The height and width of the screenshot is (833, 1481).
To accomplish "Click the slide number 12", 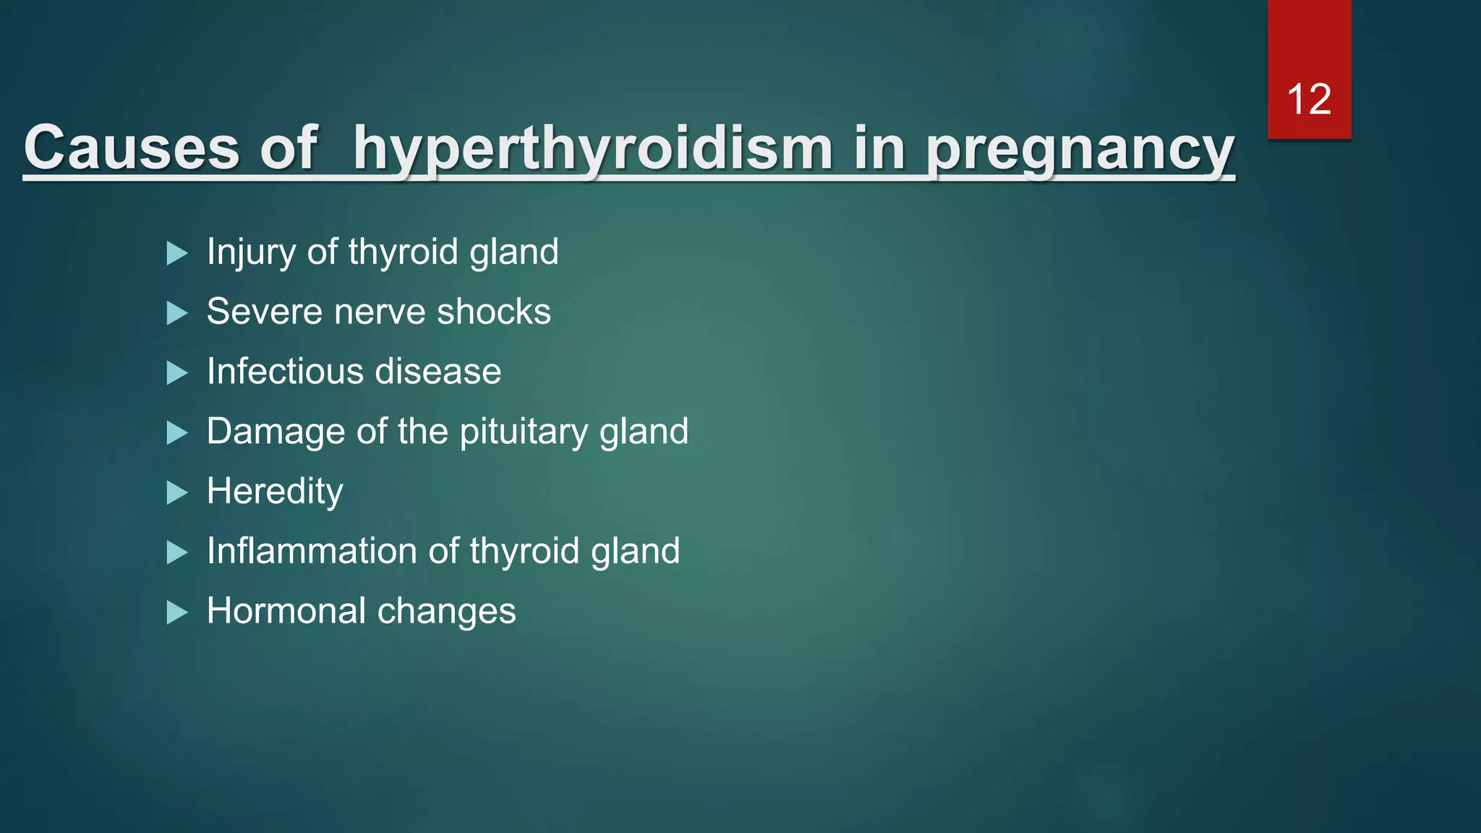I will pyautogui.click(x=1309, y=99).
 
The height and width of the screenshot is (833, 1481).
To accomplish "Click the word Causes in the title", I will pyautogui.click(x=131, y=148).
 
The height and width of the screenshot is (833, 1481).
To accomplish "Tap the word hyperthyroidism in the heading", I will pyautogui.click(x=593, y=149).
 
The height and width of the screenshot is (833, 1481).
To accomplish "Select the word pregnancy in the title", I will pyautogui.click(x=1080, y=150).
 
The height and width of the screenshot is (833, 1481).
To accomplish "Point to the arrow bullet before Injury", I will pyautogui.click(x=176, y=253).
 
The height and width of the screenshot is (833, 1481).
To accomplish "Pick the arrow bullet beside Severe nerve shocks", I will pyautogui.click(x=176, y=313).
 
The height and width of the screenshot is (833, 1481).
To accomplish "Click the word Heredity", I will pyautogui.click(x=275, y=492).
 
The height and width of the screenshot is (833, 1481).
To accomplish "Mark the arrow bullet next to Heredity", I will pyautogui.click(x=176, y=493).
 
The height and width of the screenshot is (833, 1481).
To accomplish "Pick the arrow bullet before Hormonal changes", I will pyautogui.click(x=176, y=613).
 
